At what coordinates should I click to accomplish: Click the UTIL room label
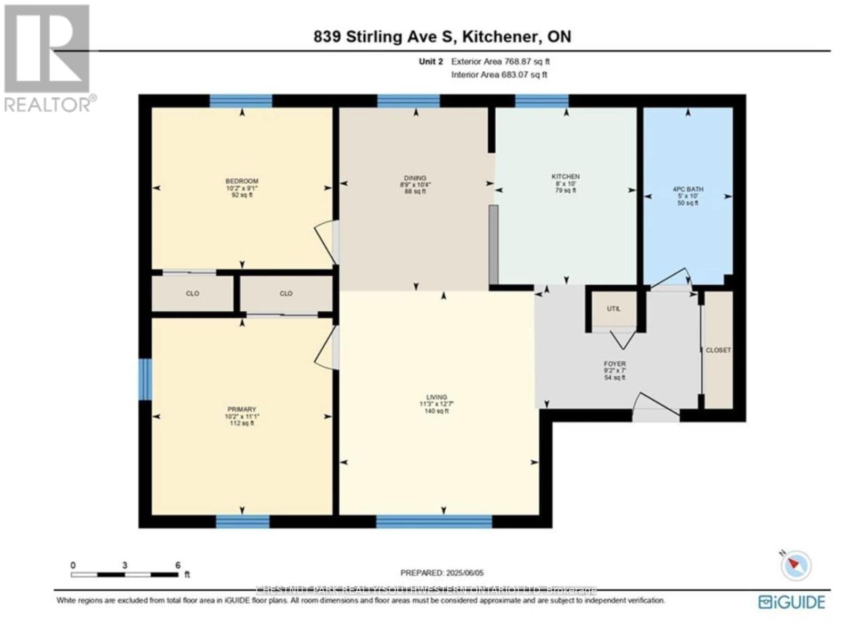613,309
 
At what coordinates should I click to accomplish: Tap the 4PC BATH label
687,189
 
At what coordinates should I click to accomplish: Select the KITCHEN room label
566,177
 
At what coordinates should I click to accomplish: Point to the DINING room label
415,178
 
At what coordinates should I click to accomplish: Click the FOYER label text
615,364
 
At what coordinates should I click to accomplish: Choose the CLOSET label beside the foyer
718,350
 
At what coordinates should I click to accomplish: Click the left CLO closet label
192,294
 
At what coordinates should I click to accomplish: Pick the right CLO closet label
286,294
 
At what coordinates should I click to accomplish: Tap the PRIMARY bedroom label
242,410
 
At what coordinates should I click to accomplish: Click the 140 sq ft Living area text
436,411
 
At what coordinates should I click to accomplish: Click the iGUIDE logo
792,602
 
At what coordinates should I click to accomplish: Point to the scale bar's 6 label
178,565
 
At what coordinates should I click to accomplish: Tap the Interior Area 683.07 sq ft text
499,75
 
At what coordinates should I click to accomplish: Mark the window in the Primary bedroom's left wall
145,379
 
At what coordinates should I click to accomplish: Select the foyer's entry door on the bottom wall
656,415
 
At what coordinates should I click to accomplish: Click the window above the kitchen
542,101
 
